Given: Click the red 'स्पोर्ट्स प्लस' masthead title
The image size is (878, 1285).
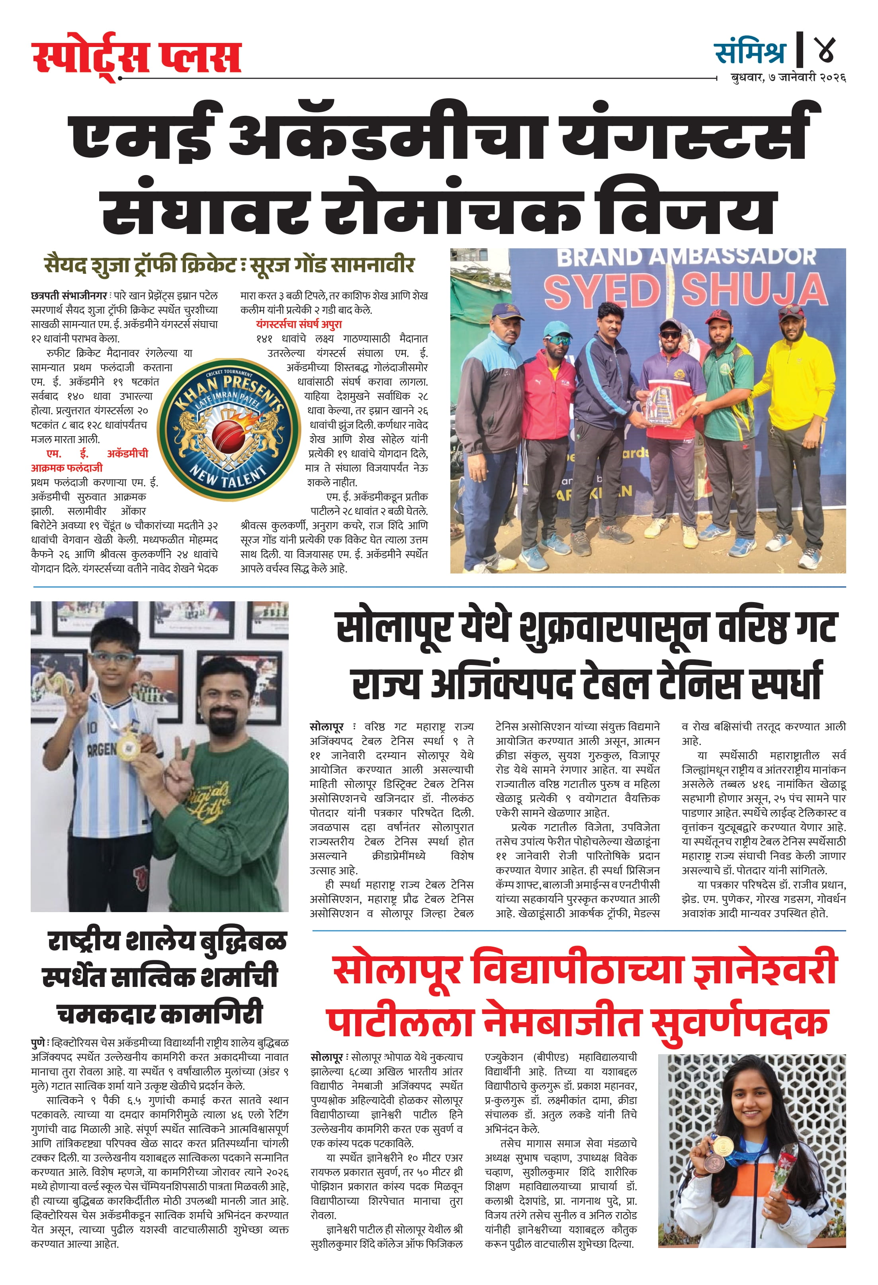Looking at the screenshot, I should click(x=136, y=57).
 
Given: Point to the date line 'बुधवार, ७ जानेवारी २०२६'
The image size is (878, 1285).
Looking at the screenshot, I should click(x=788, y=78).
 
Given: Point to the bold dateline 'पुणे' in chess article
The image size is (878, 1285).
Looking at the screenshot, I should click(x=39, y=1043).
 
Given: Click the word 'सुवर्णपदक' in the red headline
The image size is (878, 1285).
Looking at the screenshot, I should click(x=739, y=1022).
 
